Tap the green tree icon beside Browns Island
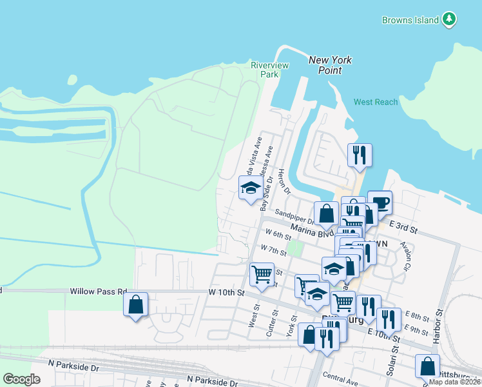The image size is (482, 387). coord(450,19)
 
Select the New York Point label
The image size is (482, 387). coord(330,65)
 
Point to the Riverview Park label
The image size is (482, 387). coord(269,70)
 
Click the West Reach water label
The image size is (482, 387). coord(376,103)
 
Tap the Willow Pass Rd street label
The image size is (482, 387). coord(99,292)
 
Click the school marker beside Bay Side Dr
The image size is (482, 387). coord(250,188)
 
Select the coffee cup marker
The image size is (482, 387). coord(380,203)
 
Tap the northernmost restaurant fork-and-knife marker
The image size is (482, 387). coord(360,155)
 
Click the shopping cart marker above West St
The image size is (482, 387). coord(262,273)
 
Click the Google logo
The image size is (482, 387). coord(22,379)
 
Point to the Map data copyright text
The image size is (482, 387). coord(454,382)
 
